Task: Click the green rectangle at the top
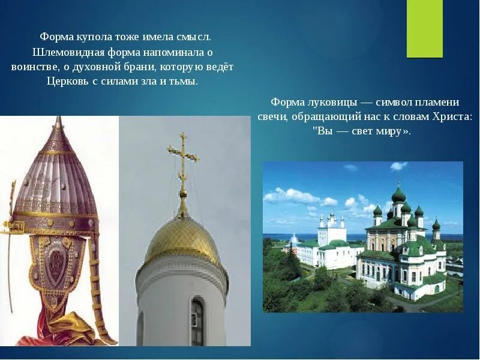tap(424, 29)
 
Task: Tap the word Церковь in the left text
tap(68, 81)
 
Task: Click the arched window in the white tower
tap(197, 322)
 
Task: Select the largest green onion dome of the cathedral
tap(398, 195)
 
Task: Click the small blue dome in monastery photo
tap(294, 239)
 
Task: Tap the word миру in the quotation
tap(393, 131)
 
